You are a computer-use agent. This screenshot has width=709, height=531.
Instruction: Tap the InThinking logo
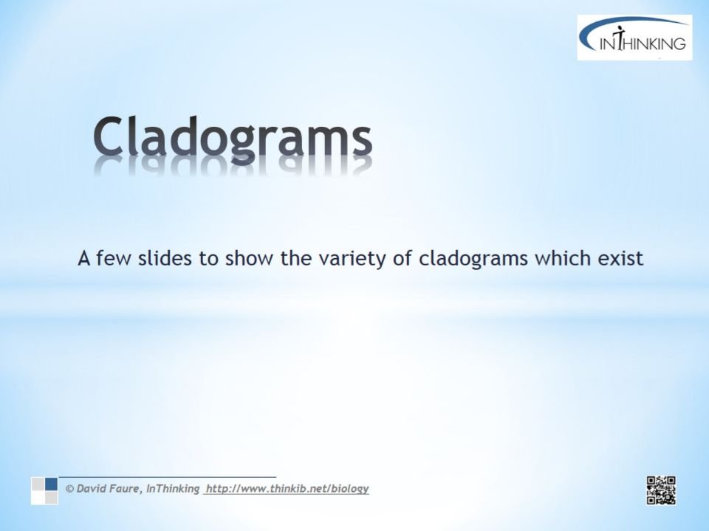(x=634, y=38)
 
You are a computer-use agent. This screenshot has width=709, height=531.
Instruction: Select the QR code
(x=661, y=490)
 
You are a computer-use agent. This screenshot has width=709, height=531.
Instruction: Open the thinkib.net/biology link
(x=287, y=489)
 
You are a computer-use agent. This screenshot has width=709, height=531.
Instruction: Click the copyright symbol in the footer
(x=69, y=488)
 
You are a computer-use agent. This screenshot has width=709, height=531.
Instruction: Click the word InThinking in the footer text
(x=173, y=489)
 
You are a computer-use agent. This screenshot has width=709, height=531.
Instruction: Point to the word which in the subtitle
(x=563, y=258)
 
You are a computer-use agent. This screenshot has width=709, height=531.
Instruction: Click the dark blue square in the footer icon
(x=51, y=484)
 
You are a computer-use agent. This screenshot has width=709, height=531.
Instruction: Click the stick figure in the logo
(x=620, y=38)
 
